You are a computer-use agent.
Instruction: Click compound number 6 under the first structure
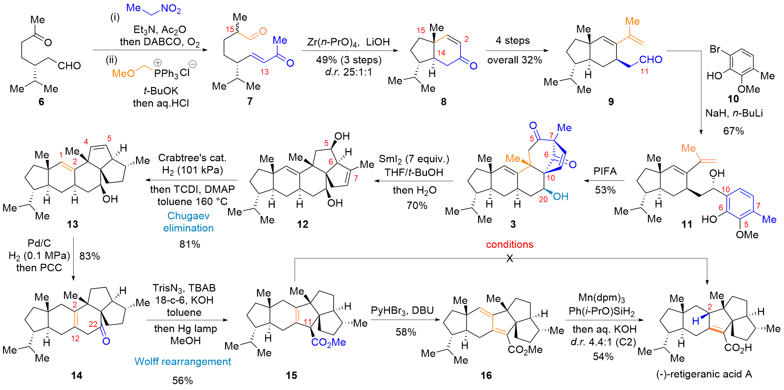click(41, 102)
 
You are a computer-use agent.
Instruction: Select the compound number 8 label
click(444, 102)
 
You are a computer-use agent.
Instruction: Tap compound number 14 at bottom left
click(77, 375)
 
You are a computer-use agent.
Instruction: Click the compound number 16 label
click(486, 375)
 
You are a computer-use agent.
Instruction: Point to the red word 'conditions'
click(509, 244)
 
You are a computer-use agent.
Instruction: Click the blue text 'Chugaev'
click(188, 216)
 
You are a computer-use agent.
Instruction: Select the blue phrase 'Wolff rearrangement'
click(182, 362)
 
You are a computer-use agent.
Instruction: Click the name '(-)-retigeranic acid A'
click(704, 374)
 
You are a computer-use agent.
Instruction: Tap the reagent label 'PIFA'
click(605, 171)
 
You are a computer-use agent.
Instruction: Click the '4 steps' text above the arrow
click(512, 41)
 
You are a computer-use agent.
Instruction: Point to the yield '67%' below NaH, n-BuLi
click(733, 131)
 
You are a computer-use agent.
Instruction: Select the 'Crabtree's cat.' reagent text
click(192, 158)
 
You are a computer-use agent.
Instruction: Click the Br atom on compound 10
click(715, 49)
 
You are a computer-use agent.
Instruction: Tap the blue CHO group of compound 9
click(650, 60)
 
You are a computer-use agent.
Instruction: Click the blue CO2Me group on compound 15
click(328, 342)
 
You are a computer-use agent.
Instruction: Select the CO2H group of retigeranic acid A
click(738, 348)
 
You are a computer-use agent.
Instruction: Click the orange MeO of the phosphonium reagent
click(123, 74)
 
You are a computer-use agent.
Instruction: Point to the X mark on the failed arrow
click(509, 259)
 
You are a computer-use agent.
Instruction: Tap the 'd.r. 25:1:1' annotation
click(348, 72)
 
